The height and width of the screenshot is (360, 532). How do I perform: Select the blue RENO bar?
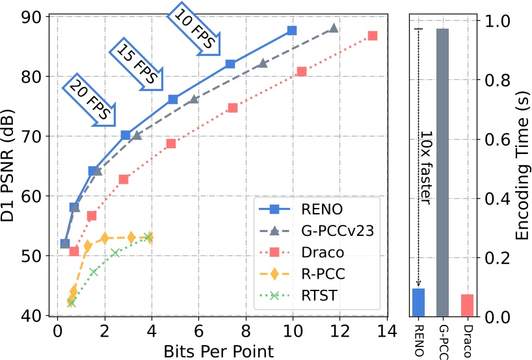(x=418, y=303)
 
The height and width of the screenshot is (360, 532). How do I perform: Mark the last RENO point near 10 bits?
(x=292, y=31)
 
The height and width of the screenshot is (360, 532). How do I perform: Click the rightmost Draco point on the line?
(x=372, y=36)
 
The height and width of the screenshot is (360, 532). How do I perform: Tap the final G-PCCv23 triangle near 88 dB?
(x=334, y=29)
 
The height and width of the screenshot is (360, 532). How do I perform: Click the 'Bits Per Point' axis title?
(x=219, y=351)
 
